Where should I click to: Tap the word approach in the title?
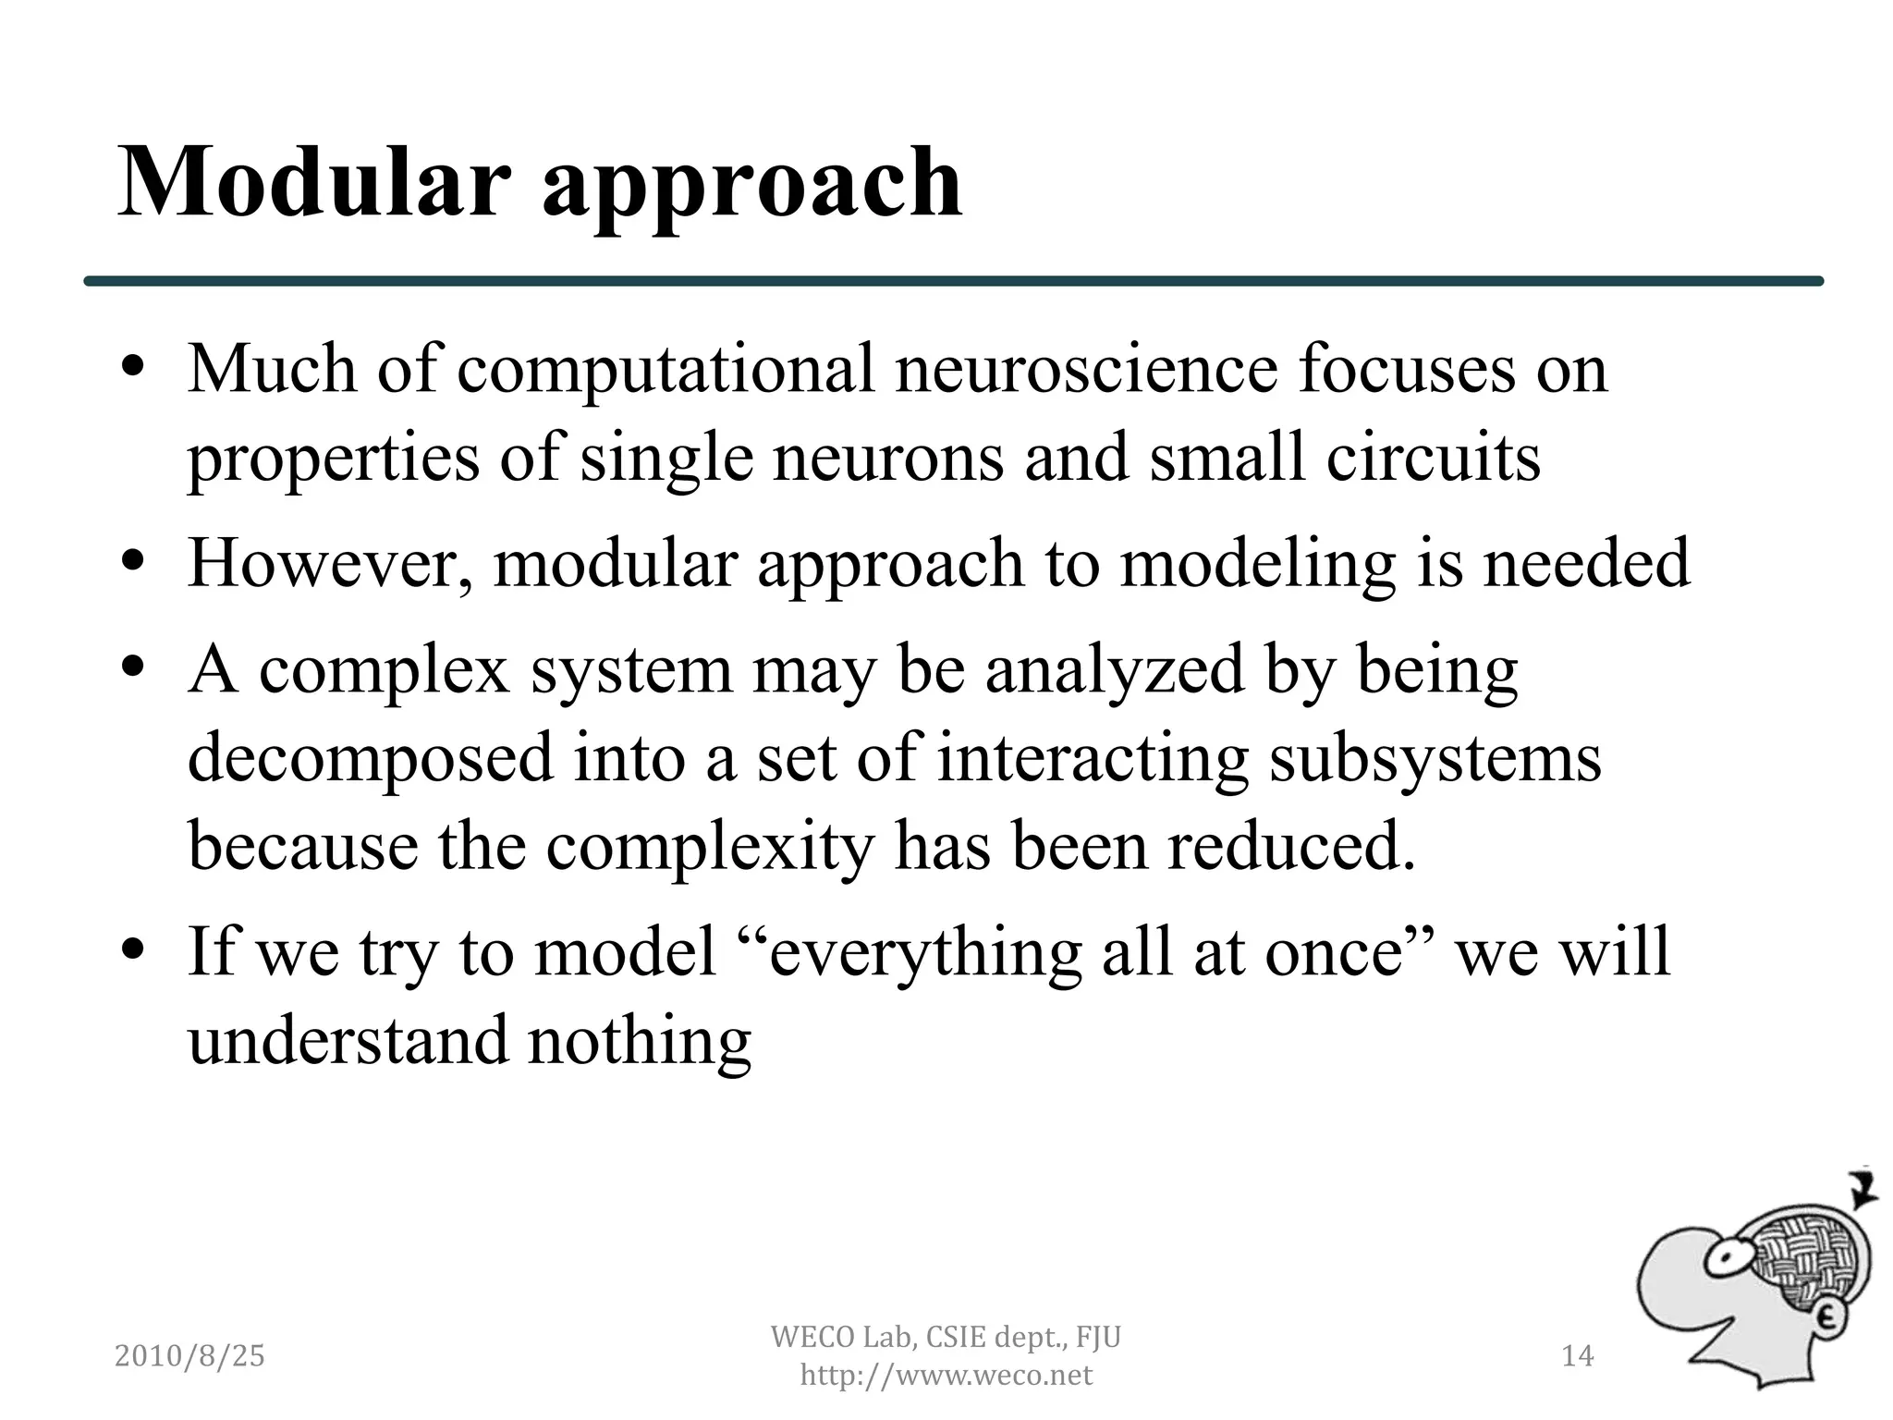751,190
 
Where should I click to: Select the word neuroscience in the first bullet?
1085,369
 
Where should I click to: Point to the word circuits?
1434,458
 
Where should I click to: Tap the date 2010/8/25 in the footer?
189,1356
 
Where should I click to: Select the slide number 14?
1577,1356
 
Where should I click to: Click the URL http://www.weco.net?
946,1376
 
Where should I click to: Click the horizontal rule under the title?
952,281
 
